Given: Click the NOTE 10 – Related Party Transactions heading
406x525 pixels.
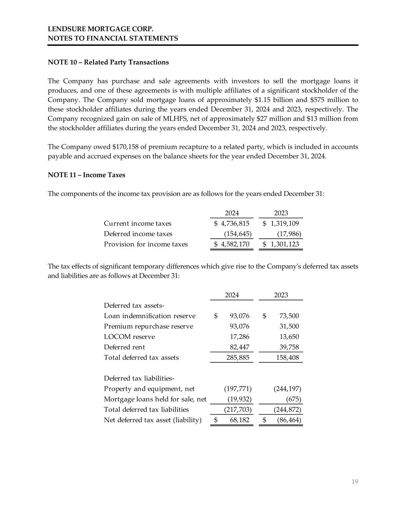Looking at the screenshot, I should tap(108, 62).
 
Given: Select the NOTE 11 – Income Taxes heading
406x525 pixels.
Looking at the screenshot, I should tap(86, 175).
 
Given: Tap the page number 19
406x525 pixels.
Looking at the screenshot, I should tap(354, 482).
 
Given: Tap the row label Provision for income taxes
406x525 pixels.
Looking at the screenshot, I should tap(146, 244).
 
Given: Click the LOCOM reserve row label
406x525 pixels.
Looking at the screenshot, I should tap(129, 337).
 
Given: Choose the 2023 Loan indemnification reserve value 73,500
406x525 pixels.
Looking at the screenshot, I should tap(289, 316).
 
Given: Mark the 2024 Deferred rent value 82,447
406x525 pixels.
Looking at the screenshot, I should tap(239, 347).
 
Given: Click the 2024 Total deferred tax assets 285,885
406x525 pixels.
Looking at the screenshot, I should tap(237, 358).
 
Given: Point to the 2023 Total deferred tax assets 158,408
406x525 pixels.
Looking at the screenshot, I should tap(287, 358).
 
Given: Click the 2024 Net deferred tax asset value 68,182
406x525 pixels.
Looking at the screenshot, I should tap(239, 420).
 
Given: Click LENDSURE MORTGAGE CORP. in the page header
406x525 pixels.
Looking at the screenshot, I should tap(100, 29).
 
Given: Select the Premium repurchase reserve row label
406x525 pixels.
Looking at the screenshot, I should tap(149, 327).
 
